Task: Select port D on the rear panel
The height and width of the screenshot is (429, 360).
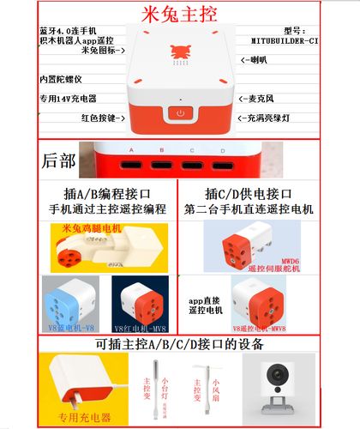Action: pyautogui.click(x=223, y=161)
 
